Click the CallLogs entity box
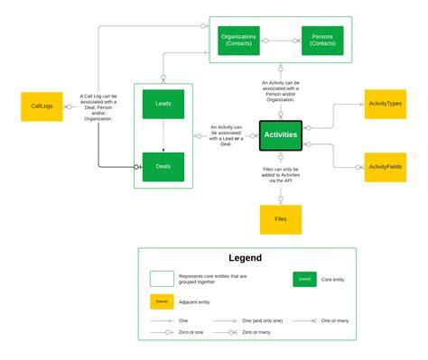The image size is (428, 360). tap(42, 106)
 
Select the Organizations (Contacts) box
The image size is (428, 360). tap(238, 40)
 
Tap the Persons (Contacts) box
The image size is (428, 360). tap(321, 40)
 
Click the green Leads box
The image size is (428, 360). tap(163, 105)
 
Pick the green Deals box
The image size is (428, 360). tap(163, 167)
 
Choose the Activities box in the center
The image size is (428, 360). tap(280, 134)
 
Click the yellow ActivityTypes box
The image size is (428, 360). tap(385, 105)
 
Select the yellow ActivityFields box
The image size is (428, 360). tap(385, 167)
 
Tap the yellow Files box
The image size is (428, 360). tap(280, 219)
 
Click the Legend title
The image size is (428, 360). tap(245, 259)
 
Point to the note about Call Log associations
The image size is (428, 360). tap(97, 106)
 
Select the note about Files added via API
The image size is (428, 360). tap(280, 176)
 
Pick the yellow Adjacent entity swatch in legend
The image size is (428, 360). tap(163, 300)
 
